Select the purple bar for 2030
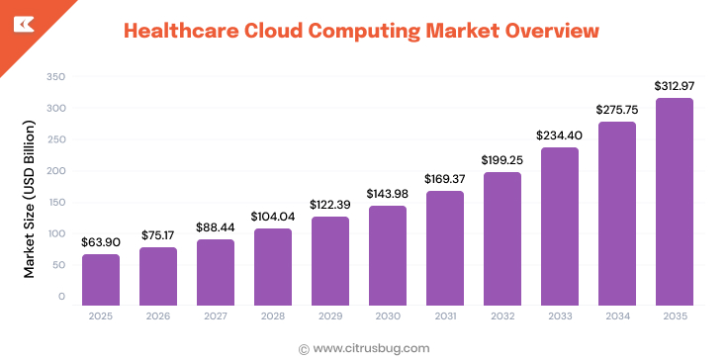[x=388, y=254]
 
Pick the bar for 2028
[x=273, y=266]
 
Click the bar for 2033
[x=560, y=225]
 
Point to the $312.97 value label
[x=675, y=85]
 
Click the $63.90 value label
[x=101, y=240]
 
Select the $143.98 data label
[x=388, y=193]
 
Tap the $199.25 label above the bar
[x=502, y=159]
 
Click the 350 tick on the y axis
[x=56, y=76]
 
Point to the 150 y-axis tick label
[x=56, y=202]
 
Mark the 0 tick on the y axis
[x=61, y=296]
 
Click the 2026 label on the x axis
[x=158, y=316]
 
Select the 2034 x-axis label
[x=617, y=316]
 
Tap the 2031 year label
[x=445, y=316]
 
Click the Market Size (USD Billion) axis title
[x=30, y=199]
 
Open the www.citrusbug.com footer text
[x=370, y=347]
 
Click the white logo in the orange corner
[x=20, y=21]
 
